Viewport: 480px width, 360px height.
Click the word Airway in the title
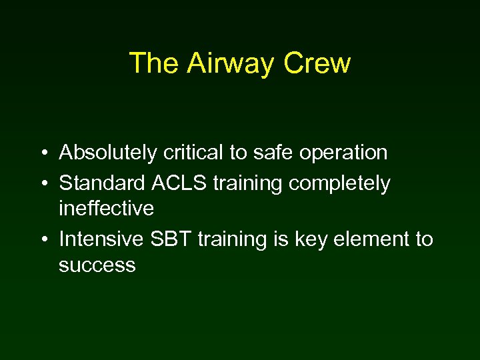(231, 63)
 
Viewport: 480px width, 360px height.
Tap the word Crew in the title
(317, 63)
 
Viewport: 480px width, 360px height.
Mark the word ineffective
(106, 209)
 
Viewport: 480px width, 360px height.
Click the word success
(97, 265)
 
